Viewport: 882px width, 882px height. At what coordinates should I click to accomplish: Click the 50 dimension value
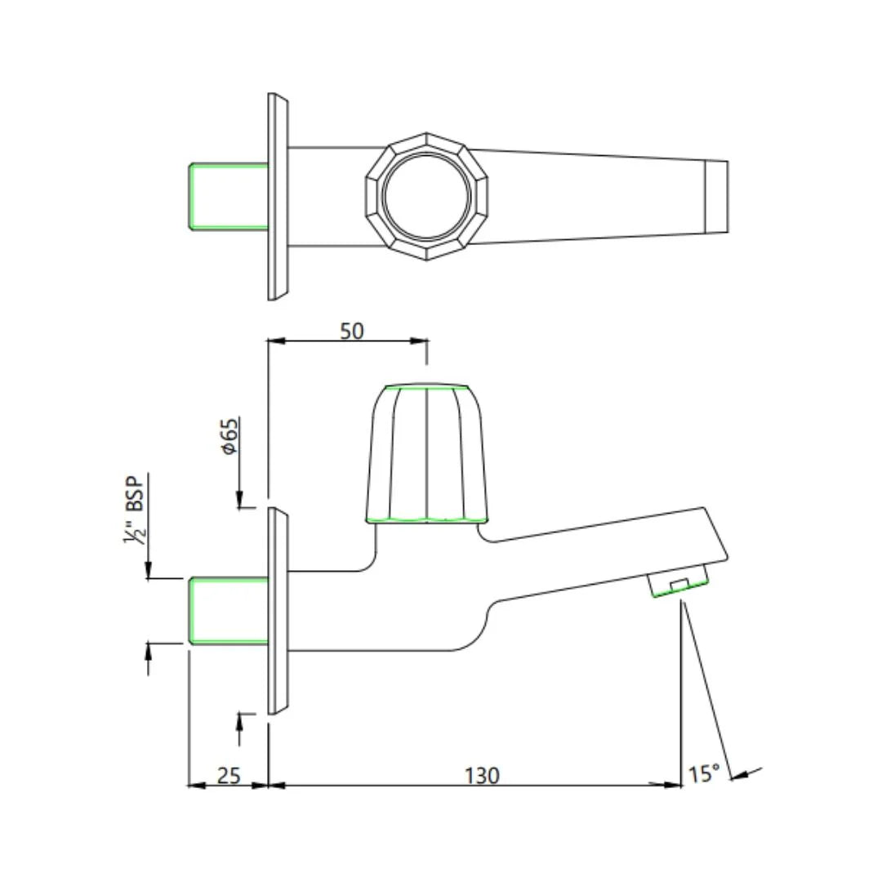[x=352, y=331]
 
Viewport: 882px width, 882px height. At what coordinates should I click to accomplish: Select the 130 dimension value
[x=483, y=774]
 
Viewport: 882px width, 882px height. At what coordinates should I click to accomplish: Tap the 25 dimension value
[x=229, y=774]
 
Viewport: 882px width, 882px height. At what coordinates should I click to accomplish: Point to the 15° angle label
[x=703, y=773]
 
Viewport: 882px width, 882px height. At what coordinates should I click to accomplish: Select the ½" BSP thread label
[x=133, y=509]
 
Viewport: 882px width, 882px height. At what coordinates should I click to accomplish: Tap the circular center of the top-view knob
[x=426, y=197]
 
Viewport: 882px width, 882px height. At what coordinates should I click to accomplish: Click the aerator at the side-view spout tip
[x=678, y=585]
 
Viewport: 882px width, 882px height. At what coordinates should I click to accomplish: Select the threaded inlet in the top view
[x=229, y=196]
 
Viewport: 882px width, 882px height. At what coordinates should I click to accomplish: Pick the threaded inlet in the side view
[x=229, y=611]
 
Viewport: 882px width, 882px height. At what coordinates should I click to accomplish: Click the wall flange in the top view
[x=278, y=196]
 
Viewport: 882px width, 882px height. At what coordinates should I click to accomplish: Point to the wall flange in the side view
[x=278, y=611]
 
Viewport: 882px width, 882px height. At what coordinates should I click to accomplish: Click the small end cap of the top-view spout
[x=716, y=197]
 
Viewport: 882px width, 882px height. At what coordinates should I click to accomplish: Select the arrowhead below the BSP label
[x=149, y=572]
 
